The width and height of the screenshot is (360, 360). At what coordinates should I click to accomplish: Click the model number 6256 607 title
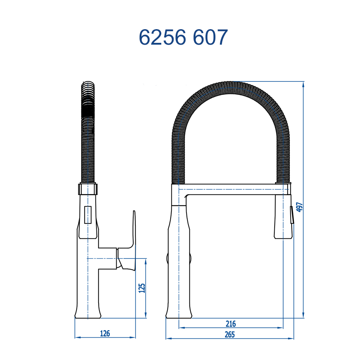[x=183, y=37]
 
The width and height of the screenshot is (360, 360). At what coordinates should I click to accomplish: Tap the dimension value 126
[x=105, y=333]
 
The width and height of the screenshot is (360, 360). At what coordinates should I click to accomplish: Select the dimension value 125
[x=142, y=288]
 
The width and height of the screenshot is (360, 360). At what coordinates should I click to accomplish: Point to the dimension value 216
[x=230, y=324]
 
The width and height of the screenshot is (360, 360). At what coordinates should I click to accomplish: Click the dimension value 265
[x=230, y=334]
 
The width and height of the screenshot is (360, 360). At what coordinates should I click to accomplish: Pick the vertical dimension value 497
[x=300, y=207]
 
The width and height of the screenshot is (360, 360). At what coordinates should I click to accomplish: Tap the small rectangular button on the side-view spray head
[x=88, y=215]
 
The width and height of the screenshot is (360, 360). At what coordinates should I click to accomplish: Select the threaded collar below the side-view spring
[x=88, y=189]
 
